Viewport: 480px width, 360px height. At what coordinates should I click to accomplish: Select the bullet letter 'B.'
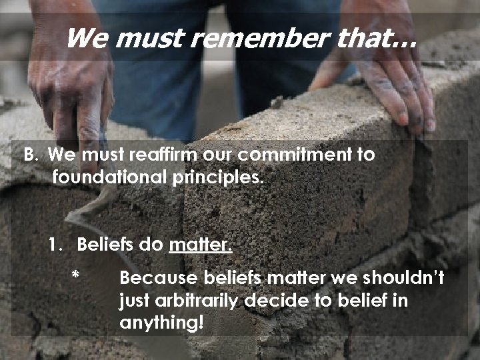coord(32,155)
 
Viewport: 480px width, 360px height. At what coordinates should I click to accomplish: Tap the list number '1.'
coord(57,245)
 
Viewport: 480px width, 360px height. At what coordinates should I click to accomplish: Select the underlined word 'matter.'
coord(201,245)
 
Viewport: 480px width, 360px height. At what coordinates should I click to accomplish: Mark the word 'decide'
coord(271,301)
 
